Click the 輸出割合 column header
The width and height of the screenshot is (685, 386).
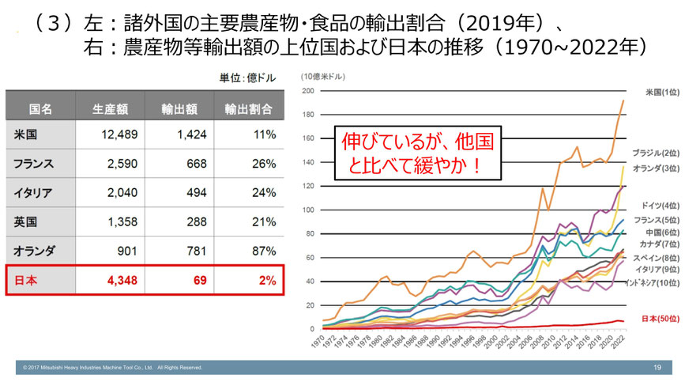(x=249, y=108)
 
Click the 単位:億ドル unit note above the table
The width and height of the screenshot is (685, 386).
(x=246, y=78)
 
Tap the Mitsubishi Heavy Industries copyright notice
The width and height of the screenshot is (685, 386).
(x=113, y=368)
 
